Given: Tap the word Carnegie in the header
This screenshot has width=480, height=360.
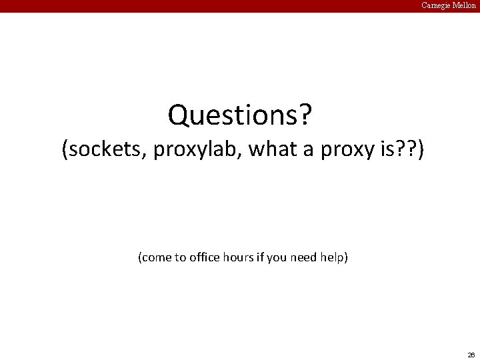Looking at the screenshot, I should (437, 5).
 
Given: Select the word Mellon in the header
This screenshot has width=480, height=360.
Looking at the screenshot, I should (465, 5).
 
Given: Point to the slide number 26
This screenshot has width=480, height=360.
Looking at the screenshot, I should (471, 354).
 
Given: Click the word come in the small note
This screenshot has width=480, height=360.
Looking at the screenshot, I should (156, 257).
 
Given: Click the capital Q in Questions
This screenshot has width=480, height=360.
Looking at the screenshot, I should (178, 115).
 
